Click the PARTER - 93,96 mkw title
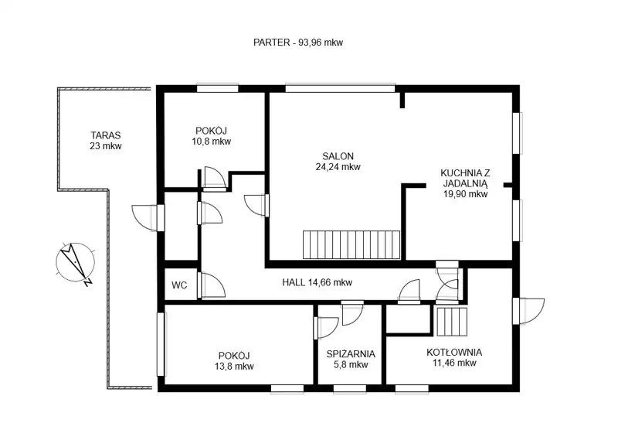[298, 43]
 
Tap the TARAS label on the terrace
[106, 135]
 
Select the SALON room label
[338, 156]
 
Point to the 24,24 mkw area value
[338, 167]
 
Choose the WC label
[179, 285]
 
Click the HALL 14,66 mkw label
[317, 282]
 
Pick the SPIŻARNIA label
[351, 354]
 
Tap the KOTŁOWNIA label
[454, 353]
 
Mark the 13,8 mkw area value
[234, 367]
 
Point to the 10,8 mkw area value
[212, 142]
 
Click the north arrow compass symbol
[75, 262]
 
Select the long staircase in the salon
[351, 244]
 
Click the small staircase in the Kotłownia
[452, 322]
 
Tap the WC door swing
[212, 285]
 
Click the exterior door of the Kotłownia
[529, 311]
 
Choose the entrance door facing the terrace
[148, 217]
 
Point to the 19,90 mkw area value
[465, 194]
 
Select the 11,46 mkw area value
[454, 363]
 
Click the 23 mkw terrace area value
[106, 146]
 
